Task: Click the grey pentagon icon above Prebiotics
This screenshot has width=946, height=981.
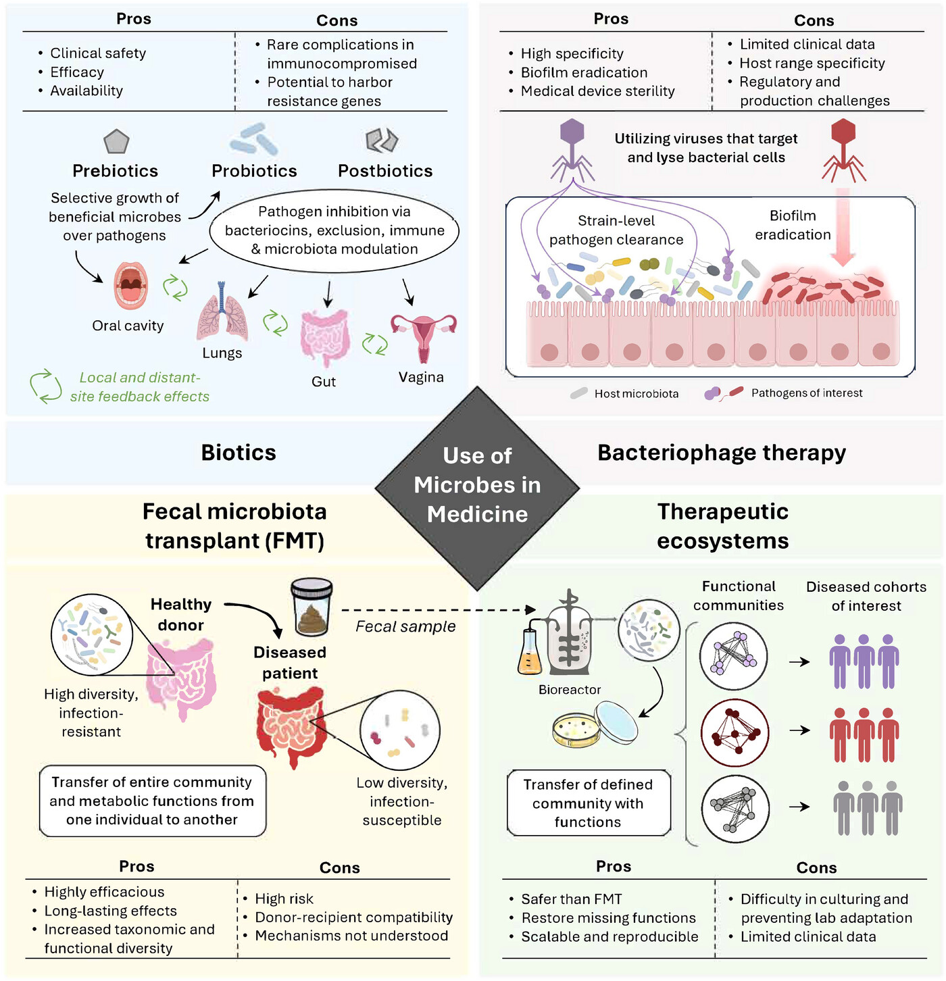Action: (x=116, y=141)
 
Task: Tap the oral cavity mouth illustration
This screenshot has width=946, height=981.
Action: (x=130, y=285)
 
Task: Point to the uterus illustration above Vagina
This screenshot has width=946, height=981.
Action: (x=423, y=335)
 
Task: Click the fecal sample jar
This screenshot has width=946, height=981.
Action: (x=312, y=607)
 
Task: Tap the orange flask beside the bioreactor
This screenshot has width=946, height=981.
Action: (x=530, y=652)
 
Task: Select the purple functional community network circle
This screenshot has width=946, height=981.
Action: (x=734, y=656)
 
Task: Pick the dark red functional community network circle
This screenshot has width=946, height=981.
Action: (x=735, y=732)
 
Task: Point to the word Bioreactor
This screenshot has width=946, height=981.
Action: (x=570, y=690)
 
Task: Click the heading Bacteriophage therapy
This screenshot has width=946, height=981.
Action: (x=721, y=453)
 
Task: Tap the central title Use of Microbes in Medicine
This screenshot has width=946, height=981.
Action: (x=477, y=485)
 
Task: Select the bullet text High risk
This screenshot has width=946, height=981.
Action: (x=284, y=899)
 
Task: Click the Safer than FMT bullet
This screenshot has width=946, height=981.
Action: (x=571, y=899)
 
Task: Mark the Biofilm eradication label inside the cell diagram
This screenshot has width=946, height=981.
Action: (x=793, y=225)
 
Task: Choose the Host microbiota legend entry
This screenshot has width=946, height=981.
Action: (x=635, y=393)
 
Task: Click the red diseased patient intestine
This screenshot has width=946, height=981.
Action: (x=291, y=727)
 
